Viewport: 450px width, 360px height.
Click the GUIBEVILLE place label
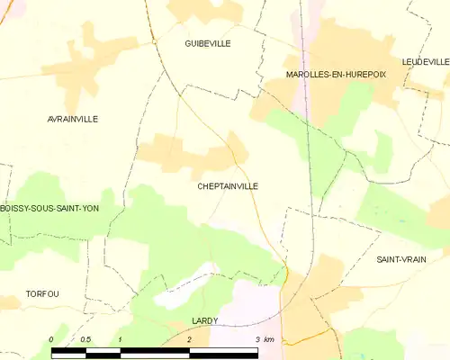(208, 43)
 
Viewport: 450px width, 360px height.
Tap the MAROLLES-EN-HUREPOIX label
(335, 75)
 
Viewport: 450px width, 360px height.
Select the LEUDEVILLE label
(426, 61)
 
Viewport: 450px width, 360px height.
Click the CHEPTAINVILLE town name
(228, 186)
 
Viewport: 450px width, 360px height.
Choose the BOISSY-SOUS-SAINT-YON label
(49, 209)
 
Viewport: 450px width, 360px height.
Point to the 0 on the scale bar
(51, 339)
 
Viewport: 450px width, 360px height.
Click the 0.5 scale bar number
(85, 339)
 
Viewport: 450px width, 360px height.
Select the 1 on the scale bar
(120, 339)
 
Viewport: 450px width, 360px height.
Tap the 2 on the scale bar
(189, 339)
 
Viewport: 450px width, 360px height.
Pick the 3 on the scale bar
(257, 339)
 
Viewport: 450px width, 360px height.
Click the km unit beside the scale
(270, 339)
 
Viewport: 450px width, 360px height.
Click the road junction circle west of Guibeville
(155, 41)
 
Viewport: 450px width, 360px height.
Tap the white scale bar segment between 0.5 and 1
(103, 352)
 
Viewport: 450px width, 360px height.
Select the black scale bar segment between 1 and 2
(154, 352)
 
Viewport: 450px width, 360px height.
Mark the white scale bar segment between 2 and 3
(223, 352)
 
